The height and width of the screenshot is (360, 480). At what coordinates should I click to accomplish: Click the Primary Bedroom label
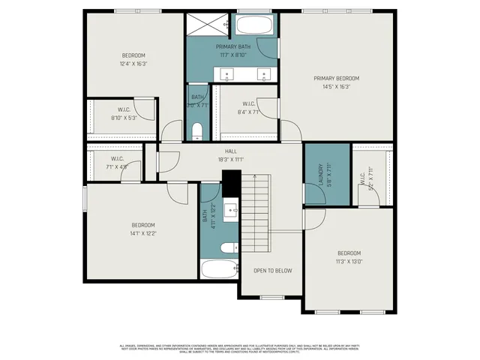pos(337,78)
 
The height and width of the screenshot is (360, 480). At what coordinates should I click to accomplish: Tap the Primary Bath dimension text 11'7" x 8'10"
pos(233,54)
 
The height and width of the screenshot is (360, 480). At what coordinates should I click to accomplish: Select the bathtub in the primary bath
pos(256,26)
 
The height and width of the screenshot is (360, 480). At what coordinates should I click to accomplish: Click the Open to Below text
pos(272,270)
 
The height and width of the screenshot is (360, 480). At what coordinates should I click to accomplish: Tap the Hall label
pos(231,151)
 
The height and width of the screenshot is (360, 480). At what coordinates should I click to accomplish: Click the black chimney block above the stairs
pos(230,181)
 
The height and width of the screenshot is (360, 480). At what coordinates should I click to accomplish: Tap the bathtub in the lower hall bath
pos(218,268)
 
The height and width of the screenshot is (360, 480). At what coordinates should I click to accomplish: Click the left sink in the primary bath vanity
pos(227,74)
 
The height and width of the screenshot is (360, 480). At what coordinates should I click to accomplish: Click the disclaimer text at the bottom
pos(240,347)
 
